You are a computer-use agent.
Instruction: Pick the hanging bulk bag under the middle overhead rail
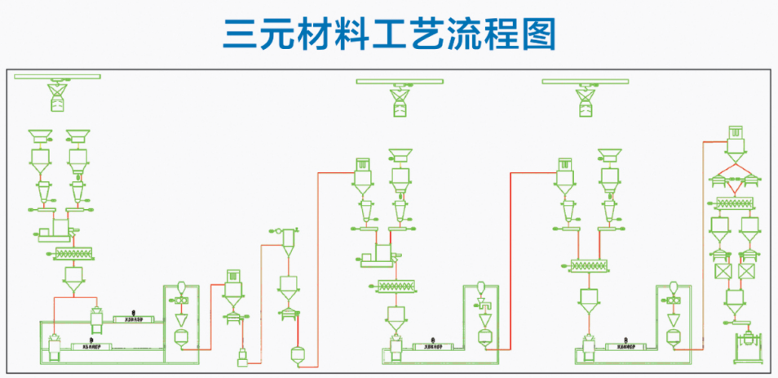tap(400, 102)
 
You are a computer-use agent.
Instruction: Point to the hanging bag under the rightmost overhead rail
tap(586, 102)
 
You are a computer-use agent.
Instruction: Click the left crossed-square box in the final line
tap(721, 272)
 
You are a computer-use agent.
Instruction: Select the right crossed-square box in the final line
tap(748, 272)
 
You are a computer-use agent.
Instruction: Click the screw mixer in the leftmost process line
tap(75, 254)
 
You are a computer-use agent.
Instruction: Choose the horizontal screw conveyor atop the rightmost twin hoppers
tap(735, 206)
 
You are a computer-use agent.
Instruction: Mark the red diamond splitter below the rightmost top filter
tap(735, 174)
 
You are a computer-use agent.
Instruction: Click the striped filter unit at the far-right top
tap(736, 136)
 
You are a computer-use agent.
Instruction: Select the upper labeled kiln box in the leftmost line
tap(129, 318)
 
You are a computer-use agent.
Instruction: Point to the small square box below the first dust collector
tap(241, 356)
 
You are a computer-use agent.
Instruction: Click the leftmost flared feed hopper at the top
tap(40, 134)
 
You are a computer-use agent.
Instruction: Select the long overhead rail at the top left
tap(56, 77)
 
